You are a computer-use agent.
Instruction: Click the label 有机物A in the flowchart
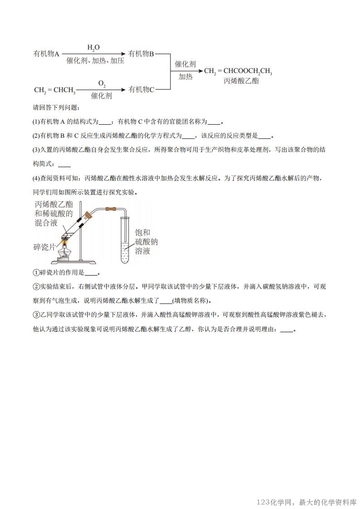click(x=47, y=54)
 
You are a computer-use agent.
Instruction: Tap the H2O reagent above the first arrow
click(x=93, y=47)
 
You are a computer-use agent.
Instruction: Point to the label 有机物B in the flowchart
click(x=141, y=54)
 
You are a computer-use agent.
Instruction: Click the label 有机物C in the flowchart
click(x=141, y=89)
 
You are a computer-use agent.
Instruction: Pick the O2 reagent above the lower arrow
click(x=102, y=83)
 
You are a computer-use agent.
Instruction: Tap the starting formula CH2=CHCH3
click(x=54, y=90)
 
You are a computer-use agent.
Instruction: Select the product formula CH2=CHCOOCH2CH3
click(x=238, y=71)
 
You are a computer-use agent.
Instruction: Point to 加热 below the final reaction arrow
click(x=185, y=77)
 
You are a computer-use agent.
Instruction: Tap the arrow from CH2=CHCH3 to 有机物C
click(x=102, y=90)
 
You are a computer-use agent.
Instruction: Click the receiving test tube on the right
click(x=125, y=240)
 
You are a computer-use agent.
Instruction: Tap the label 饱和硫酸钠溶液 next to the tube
click(x=146, y=242)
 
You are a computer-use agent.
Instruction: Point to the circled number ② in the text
click(x=36, y=286)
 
